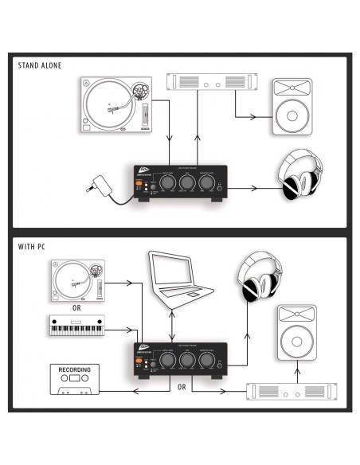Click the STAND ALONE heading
pyautogui.click(x=40, y=65)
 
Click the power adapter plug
pyautogui.click(x=99, y=185)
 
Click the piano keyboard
pyautogui.click(x=76, y=327)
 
